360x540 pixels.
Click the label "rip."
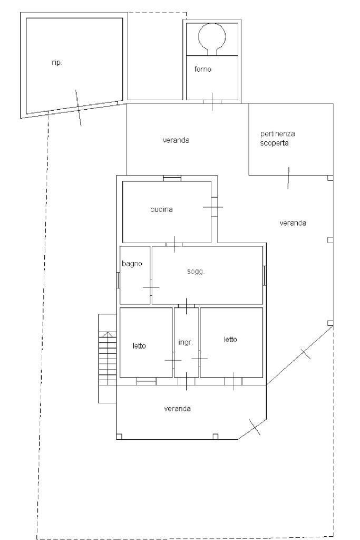(x=57, y=63)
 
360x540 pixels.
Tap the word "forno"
(x=203, y=69)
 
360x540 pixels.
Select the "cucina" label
(x=161, y=209)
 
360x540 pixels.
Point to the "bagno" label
(x=132, y=264)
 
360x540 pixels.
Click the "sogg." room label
(x=196, y=272)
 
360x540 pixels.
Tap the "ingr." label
(x=186, y=342)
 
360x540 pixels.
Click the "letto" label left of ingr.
(x=139, y=345)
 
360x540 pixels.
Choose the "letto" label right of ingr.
(x=230, y=339)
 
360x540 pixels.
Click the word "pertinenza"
(x=278, y=133)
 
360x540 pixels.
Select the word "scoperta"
(x=274, y=143)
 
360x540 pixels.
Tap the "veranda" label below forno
(x=176, y=140)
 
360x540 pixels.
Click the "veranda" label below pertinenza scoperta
(x=293, y=223)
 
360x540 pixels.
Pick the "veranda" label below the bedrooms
(x=178, y=409)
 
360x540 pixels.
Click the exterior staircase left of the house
(x=108, y=358)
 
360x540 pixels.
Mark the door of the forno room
(x=212, y=101)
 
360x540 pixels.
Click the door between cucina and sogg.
(x=174, y=244)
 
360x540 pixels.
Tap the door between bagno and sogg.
(x=151, y=287)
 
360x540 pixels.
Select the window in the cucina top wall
(x=172, y=178)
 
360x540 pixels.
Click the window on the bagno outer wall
(x=118, y=280)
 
